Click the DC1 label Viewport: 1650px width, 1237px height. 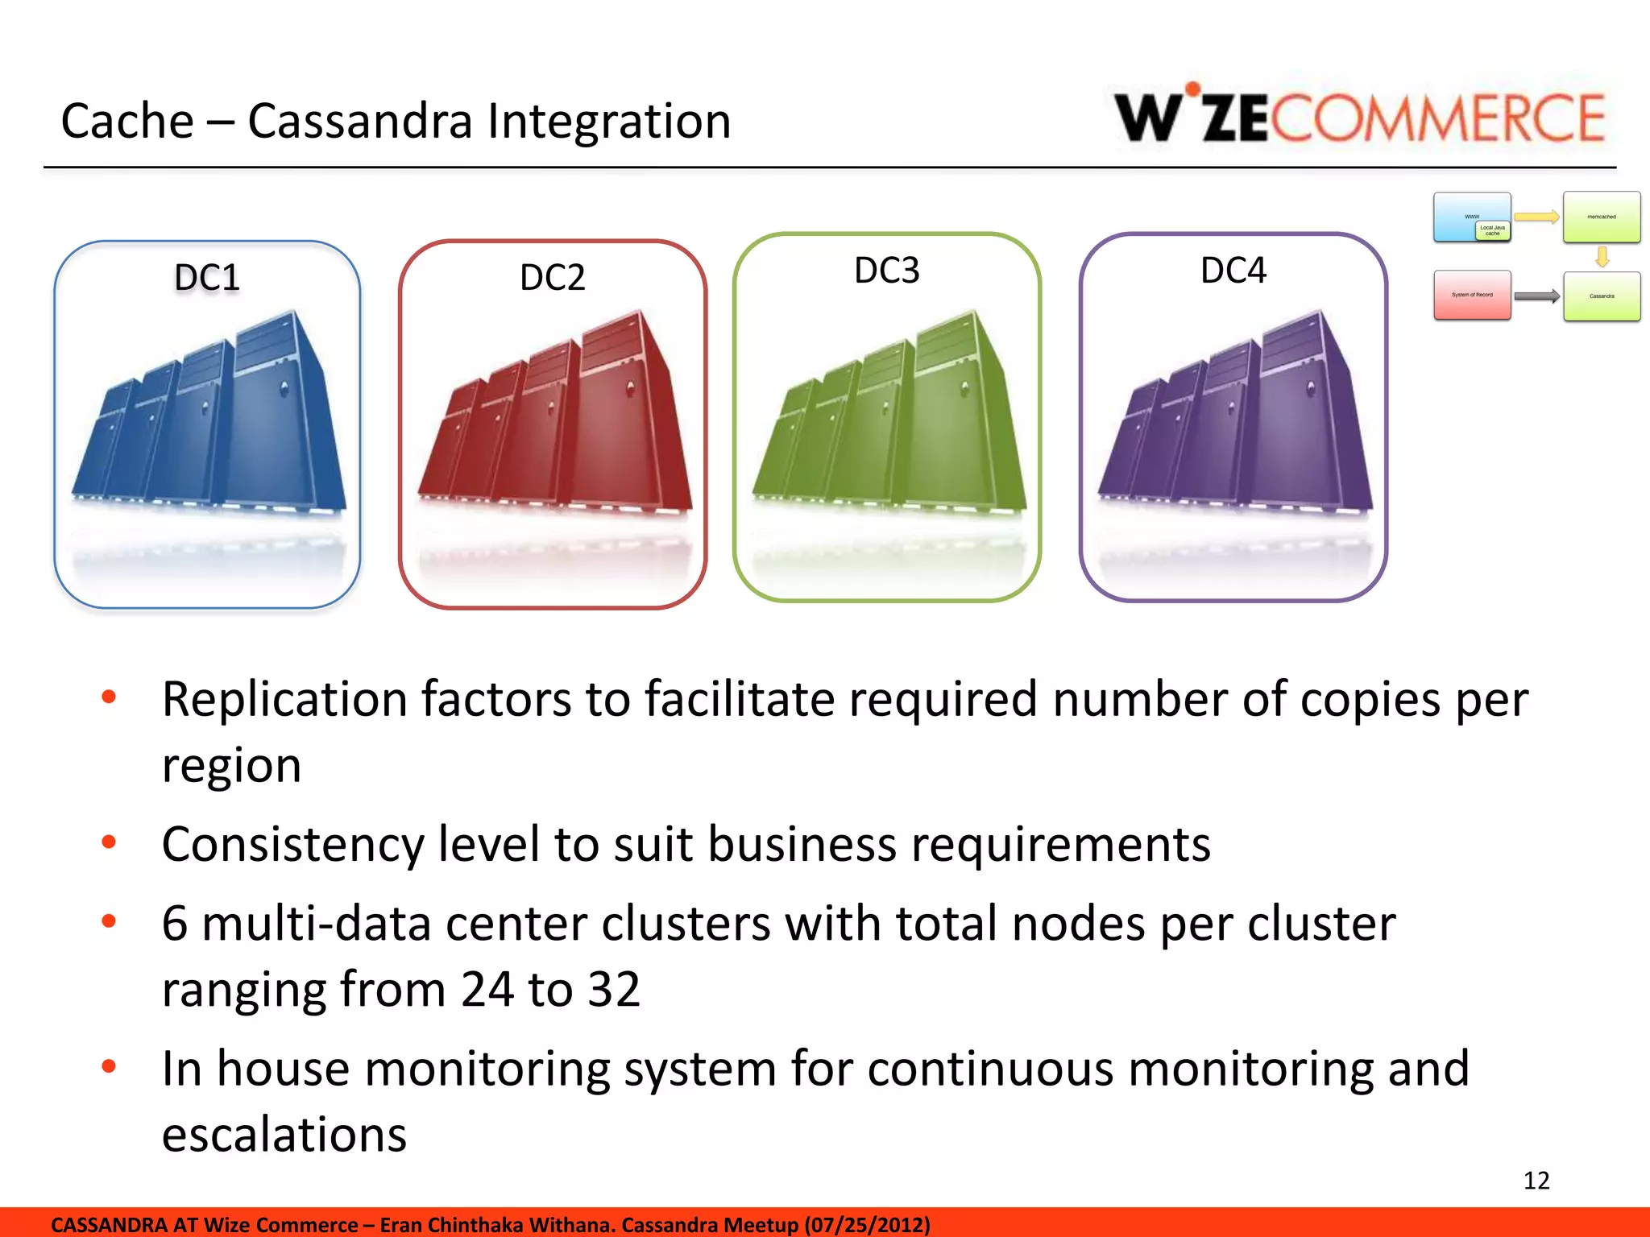pyautogui.click(x=207, y=278)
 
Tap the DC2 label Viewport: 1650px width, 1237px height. pyautogui.click(x=553, y=278)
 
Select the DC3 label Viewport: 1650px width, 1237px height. pyautogui.click(x=886, y=271)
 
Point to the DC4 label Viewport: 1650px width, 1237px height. pyautogui.click(x=1233, y=271)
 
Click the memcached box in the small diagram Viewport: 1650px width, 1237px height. pyautogui.click(x=1602, y=217)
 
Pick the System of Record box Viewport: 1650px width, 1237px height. pyautogui.click(x=1472, y=295)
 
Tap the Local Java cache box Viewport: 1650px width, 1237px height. pyautogui.click(x=1493, y=230)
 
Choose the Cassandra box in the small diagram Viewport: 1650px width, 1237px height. pyautogui.click(x=1602, y=296)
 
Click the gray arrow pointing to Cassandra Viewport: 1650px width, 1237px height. pyautogui.click(x=1536, y=296)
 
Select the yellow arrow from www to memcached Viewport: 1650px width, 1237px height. pyautogui.click(x=1536, y=217)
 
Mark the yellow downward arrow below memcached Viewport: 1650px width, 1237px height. pyautogui.click(x=1602, y=257)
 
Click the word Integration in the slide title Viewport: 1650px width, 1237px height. pyautogui.click(x=609, y=122)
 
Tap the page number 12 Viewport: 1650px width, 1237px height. pyautogui.click(x=1536, y=1181)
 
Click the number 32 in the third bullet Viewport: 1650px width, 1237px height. pyautogui.click(x=614, y=989)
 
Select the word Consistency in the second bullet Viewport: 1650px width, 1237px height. pyautogui.click(x=292, y=844)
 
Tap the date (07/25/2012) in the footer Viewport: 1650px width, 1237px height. pyautogui.click(x=868, y=1225)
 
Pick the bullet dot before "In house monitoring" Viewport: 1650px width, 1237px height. pyautogui.click(x=109, y=1066)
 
